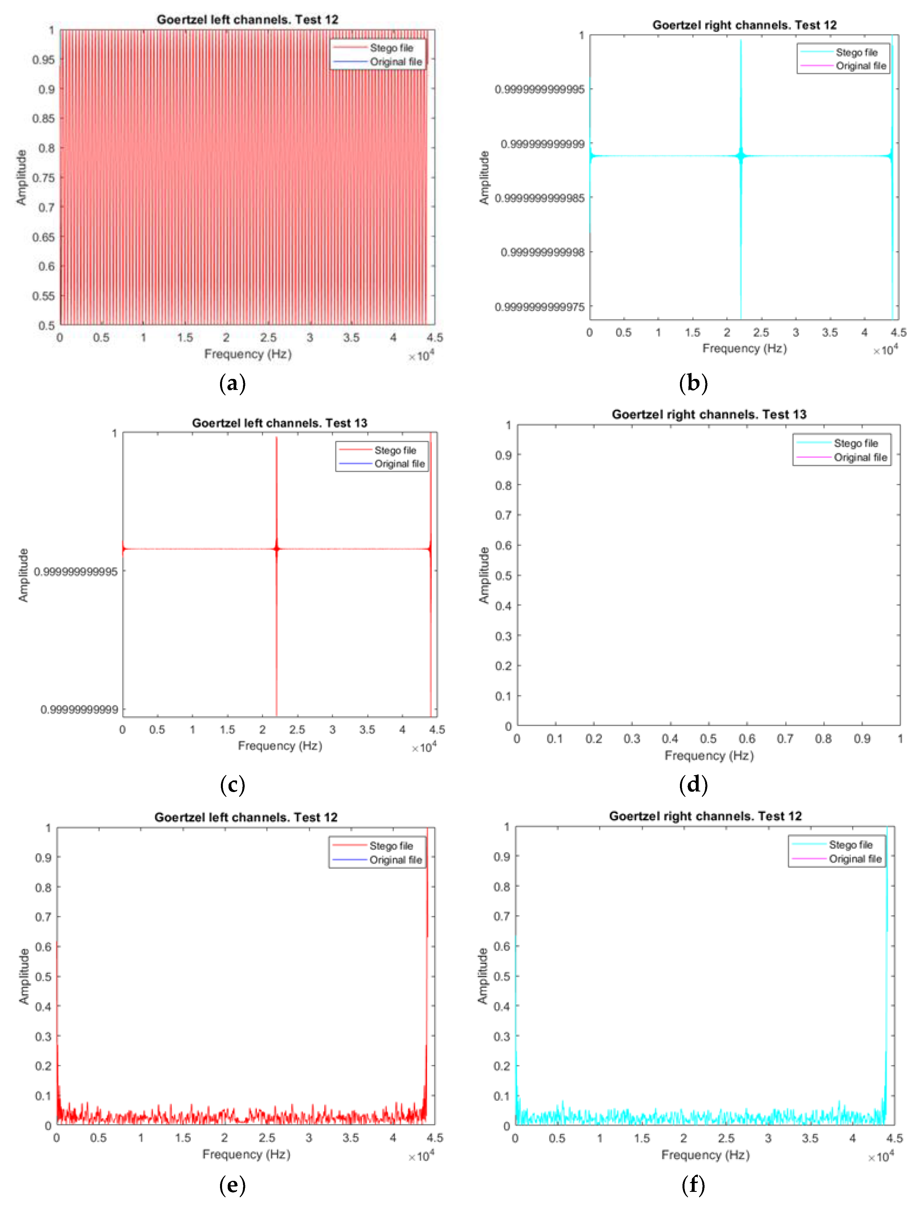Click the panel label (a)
[232, 383]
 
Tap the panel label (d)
[693, 785]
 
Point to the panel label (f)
[693, 1185]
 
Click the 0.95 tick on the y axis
[44, 59]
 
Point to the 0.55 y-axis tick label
[44, 296]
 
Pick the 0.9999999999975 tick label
[539, 307]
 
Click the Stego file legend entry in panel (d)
[855, 443]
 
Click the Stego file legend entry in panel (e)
[391, 846]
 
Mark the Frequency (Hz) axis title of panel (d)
[709, 756]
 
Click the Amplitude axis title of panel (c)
[23, 575]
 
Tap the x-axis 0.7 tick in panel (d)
[785, 739]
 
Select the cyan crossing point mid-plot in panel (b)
[741, 156]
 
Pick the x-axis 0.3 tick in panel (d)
[632, 739]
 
